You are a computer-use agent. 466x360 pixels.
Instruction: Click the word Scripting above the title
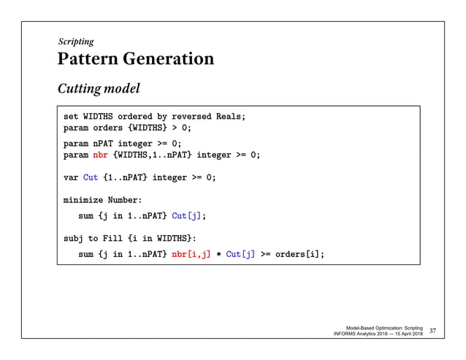[76, 42]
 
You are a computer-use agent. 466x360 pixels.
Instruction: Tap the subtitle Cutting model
[99, 89]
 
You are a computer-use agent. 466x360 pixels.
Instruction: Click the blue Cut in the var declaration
[90, 177]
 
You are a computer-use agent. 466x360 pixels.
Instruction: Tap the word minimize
[83, 199]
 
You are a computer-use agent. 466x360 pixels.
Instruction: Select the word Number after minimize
[125, 199]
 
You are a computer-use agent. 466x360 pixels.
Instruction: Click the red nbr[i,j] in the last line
[190, 254]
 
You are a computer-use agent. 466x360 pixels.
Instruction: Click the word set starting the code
[71, 116]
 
